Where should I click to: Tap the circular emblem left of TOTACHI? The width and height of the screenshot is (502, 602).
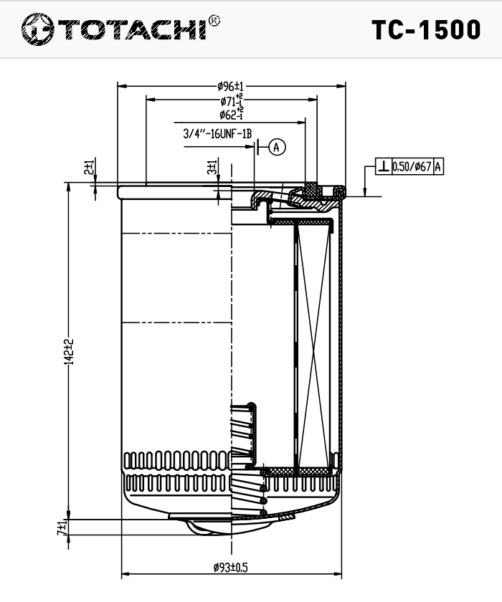37,29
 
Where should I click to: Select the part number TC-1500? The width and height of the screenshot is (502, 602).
426,29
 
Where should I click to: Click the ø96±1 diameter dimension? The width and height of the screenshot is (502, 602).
230,87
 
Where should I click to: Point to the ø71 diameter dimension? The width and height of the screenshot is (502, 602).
232,100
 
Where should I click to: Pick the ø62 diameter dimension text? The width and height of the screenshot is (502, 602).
231,114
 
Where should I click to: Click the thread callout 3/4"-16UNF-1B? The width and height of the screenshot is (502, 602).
217,134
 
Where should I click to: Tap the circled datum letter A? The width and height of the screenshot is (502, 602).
277,147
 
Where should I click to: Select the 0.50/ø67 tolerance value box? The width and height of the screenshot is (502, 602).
412,166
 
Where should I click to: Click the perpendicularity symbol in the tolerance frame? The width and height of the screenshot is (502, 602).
384,166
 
